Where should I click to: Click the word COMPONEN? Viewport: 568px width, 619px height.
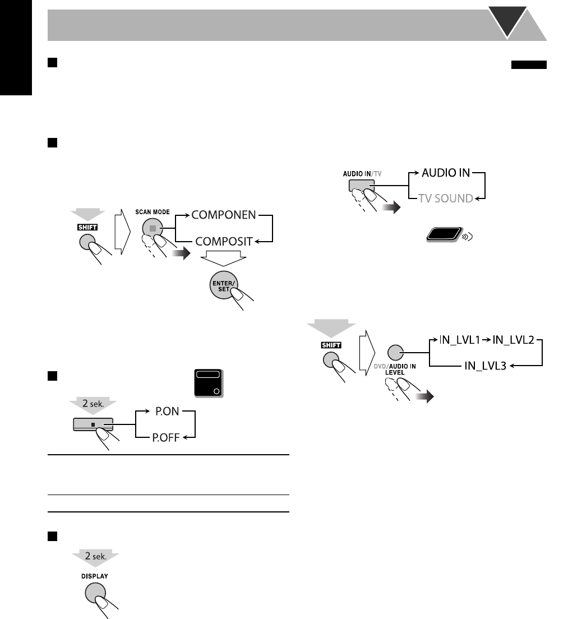pyautogui.click(x=224, y=214)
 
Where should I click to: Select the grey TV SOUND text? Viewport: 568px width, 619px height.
pyautogui.click(x=446, y=198)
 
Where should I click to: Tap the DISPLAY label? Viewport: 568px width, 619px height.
pyautogui.click(x=95, y=576)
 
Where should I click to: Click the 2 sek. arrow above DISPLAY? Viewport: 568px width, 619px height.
pyautogui.click(x=95, y=557)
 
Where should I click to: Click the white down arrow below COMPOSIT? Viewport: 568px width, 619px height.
pyautogui.click(x=223, y=258)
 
